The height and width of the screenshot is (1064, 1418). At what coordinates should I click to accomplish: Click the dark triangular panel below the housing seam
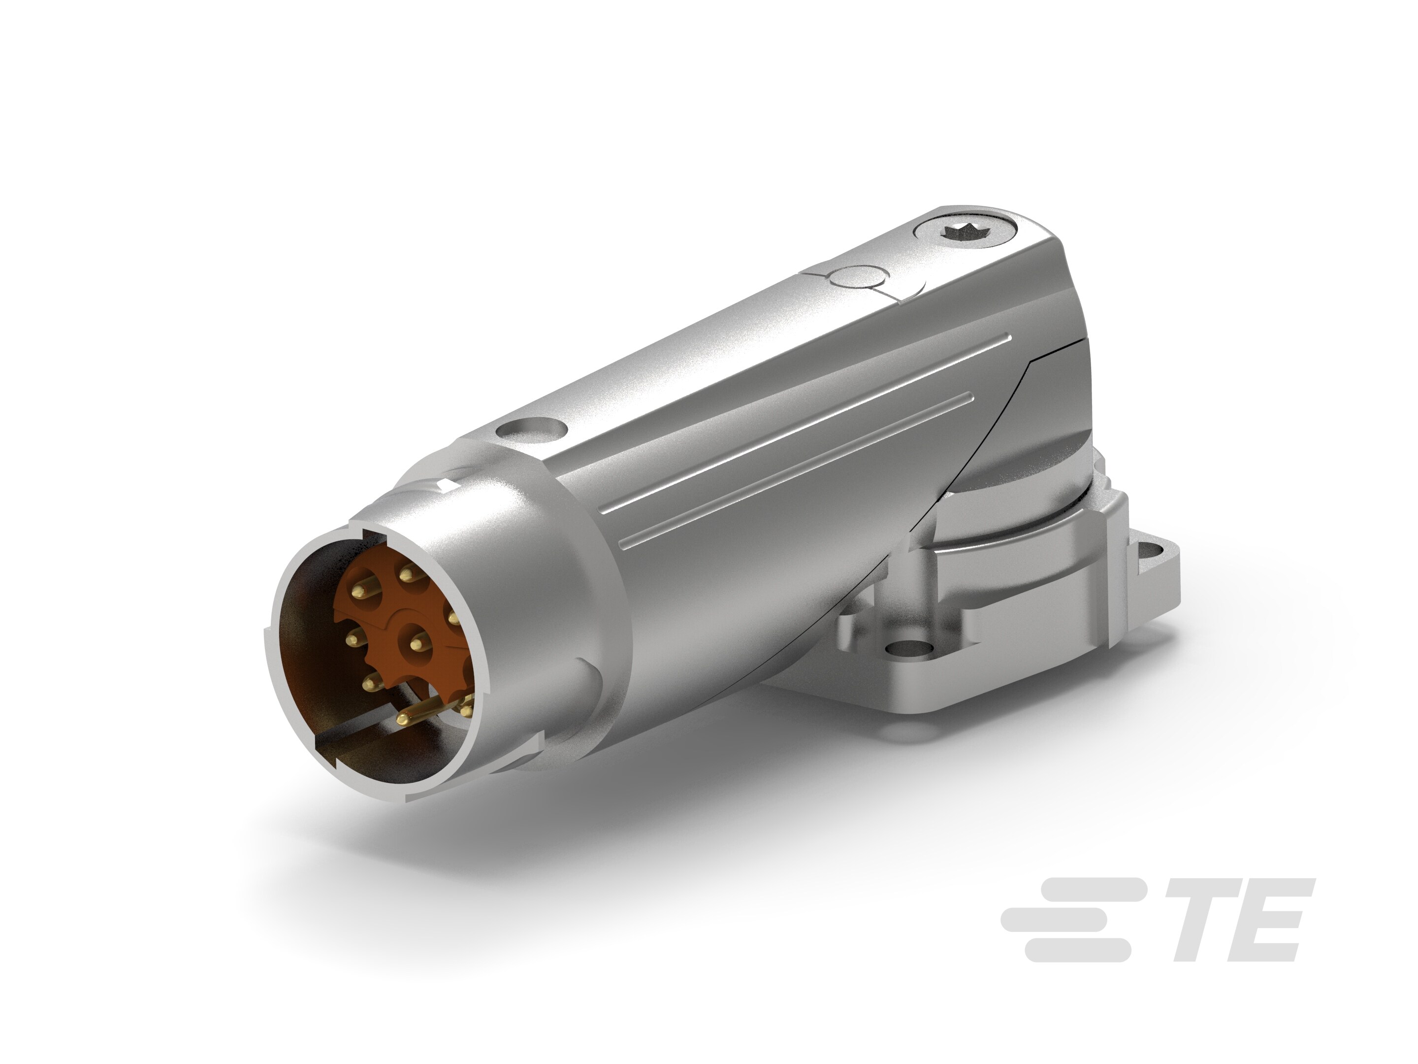[1051, 410]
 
